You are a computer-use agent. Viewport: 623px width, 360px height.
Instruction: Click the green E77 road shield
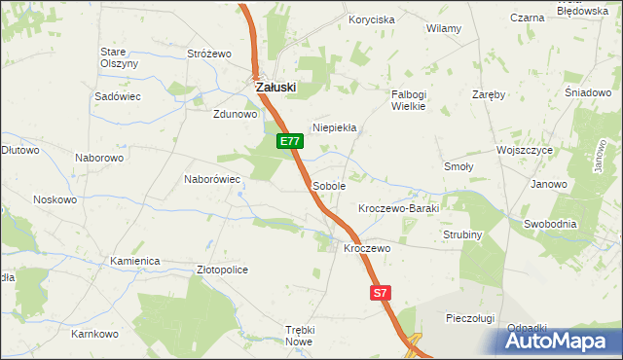(290, 142)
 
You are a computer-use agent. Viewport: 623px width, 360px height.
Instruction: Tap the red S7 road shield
(382, 292)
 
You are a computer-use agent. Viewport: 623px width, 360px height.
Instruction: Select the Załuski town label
(275, 87)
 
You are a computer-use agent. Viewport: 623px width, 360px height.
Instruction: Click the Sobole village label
(328, 185)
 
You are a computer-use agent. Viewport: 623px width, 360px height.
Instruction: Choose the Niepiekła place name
(335, 127)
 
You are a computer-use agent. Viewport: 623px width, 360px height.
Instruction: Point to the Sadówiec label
(118, 97)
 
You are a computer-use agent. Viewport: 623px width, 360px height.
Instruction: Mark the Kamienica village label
(134, 262)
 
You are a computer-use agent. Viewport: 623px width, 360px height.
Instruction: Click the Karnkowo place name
(94, 334)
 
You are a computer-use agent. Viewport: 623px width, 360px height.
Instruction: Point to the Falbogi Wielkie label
(409, 100)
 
